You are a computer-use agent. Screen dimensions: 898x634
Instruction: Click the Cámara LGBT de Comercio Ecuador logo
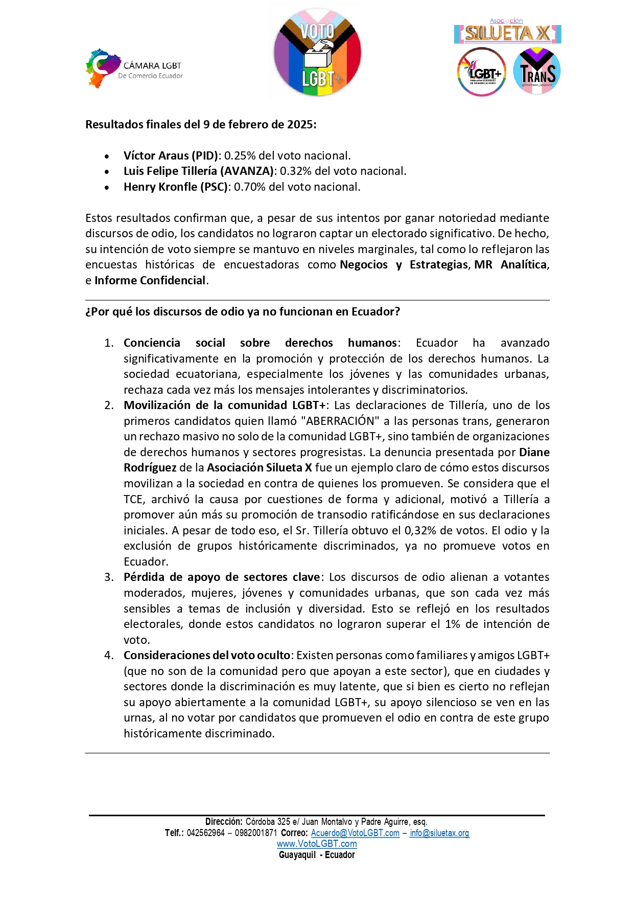tap(133, 69)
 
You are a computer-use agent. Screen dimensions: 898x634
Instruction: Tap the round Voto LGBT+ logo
tap(317, 53)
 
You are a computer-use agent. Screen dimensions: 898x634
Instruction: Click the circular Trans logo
tap(536, 72)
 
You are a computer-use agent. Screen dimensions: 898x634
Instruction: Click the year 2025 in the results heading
tap(300, 124)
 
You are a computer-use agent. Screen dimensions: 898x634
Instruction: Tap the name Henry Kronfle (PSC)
tap(176, 187)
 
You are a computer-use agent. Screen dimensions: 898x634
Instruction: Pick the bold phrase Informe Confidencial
tap(150, 280)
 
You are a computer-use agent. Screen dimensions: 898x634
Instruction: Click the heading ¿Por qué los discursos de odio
tap(242, 311)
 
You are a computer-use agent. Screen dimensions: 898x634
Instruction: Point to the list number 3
tap(109, 577)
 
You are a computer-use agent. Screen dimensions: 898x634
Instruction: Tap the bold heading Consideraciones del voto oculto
tap(207, 655)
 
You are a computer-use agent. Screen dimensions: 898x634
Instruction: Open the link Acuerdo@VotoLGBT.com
tap(355, 833)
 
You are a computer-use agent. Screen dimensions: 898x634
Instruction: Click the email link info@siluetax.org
tap(439, 833)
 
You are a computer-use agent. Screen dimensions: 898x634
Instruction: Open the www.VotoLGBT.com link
tap(317, 844)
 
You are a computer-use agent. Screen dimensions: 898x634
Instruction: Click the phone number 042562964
tap(205, 833)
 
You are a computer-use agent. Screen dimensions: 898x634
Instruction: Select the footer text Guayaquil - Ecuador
tap(317, 855)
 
